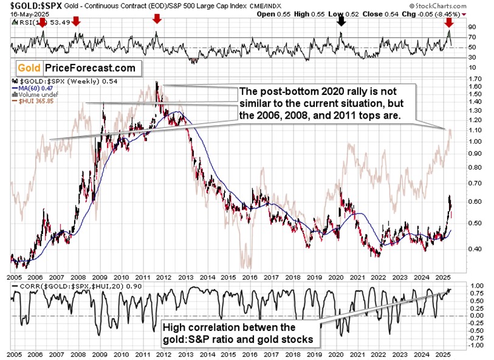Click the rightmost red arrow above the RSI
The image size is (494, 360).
(x=449, y=22)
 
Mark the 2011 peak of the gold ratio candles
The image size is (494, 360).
(x=157, y=83)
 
